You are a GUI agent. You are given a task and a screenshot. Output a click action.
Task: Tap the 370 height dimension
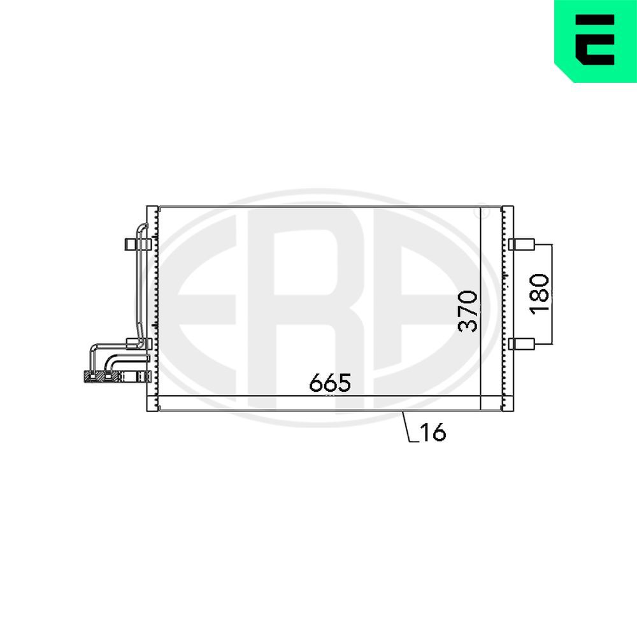[469, 311]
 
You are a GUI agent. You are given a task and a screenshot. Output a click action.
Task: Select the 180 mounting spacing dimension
[539, 293]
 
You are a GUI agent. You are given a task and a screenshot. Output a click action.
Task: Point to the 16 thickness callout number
[433, 433]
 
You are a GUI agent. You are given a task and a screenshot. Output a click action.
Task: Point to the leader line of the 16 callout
[408, 427]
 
